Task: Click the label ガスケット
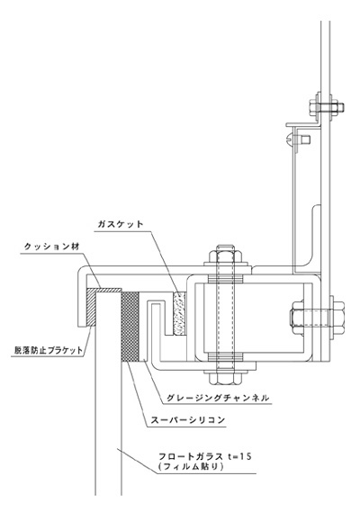tap(121, 224)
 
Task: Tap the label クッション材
tap(52, 247)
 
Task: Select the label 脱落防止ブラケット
tap(49, 350)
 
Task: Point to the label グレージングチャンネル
tap(218, 398)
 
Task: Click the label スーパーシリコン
tap(188, 420)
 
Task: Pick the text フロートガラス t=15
tap(205, 456)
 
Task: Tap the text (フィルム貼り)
tap(191, 467)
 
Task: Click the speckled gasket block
tap(179, 313)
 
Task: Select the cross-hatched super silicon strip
tap(130, 327)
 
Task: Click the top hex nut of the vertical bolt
tap(224, 256)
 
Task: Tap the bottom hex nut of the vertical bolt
tap(224, 377)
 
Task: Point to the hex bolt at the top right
tap(326, 107)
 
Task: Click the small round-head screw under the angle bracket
tap(299, 139)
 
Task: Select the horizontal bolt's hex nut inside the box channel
tap(298, 318)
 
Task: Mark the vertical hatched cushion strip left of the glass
tap(91, 307)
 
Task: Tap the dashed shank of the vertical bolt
tap(224, 318)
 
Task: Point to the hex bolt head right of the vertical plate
tap(337, 318)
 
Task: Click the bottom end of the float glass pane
tap(109, 495)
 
